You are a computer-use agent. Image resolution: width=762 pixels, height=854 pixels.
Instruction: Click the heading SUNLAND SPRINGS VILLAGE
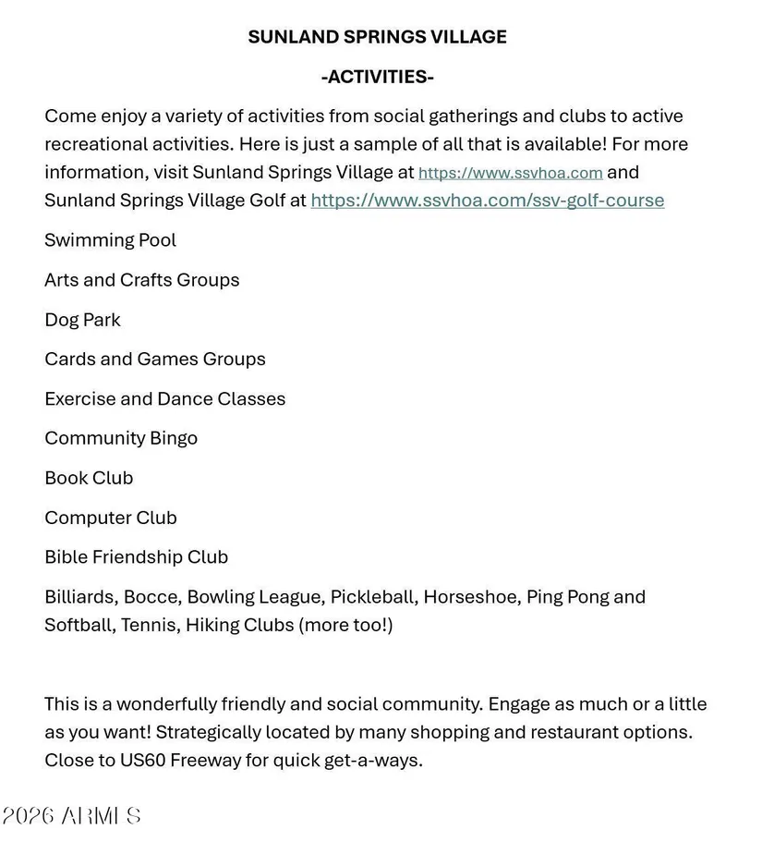[377, 37]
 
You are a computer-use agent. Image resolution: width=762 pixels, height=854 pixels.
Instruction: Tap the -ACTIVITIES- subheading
[377, 77]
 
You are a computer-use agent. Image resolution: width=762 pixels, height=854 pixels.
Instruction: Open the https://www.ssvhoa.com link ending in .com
[510, 173]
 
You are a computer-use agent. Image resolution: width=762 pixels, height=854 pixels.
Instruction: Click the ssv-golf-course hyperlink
[487, 201]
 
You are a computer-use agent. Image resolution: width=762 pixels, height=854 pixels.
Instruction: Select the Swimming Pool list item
[110, 240]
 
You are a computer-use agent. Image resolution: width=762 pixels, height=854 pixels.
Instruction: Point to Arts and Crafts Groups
[141, 280]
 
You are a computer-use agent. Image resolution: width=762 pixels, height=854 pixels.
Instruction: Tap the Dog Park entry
[82, 320]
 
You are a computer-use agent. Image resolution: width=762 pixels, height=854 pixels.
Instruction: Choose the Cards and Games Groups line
[154, 360]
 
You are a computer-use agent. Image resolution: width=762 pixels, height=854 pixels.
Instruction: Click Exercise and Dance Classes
[164, 399]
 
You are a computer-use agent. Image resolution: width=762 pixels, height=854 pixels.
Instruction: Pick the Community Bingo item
[121, 438]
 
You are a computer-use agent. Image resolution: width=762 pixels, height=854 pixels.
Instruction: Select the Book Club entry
[89, 478]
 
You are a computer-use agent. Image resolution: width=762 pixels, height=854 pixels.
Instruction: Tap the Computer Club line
[110, 518]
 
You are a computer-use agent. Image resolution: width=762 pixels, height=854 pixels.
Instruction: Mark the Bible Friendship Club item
[136, 557]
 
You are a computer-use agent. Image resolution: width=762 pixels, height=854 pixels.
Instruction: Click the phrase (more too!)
[345, 626]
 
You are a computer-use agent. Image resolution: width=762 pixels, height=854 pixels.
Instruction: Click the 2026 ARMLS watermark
[71, 815]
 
